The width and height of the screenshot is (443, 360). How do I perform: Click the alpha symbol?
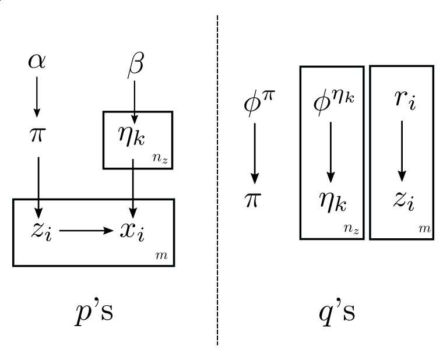37,61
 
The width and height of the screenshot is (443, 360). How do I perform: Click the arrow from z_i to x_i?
86,231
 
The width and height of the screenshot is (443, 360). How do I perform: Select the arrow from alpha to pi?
37,96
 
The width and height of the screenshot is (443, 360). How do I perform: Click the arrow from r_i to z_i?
401,151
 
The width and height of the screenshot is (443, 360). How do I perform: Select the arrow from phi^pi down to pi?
254,153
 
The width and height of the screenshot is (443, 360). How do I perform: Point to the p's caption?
90,313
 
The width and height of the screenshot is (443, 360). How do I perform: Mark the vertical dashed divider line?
217,175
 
